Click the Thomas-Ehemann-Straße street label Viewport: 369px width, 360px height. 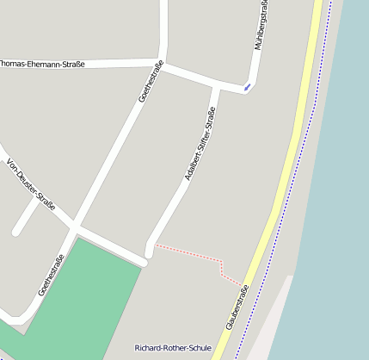(x=43, y=64)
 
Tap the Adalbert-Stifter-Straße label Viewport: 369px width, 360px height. (x=200, y=144)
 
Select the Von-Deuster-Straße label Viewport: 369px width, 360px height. (x=31, y=185)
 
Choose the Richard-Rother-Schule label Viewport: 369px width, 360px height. (x=173, y=348)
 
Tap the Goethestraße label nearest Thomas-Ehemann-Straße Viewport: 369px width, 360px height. (x=151, y=82)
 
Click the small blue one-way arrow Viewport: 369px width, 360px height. (x=248, y=86)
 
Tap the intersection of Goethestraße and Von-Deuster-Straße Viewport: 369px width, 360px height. (x=76, y=227)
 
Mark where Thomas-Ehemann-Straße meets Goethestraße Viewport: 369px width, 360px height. (x=162, y=63)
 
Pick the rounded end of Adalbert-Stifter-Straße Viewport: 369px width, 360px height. (x=150, y=251)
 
